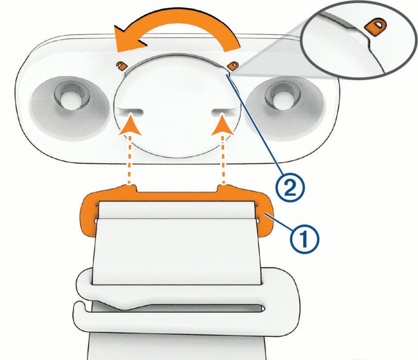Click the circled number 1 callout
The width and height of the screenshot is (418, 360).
(304, 239)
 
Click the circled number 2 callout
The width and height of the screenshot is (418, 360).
(290, 188)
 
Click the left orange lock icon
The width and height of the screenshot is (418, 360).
(121, 66)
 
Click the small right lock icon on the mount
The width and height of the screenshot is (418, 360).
(233, 66)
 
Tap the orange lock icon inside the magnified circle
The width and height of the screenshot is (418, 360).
(376, 27)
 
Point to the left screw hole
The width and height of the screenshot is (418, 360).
(71, 97)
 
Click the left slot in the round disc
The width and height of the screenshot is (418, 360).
(129, 112)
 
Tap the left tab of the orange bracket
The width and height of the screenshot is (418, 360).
(130, 187)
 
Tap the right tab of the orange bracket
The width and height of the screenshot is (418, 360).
(225, 187)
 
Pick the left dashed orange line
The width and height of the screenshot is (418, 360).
(130, 160)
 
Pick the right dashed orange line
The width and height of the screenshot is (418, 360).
(223, 160)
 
